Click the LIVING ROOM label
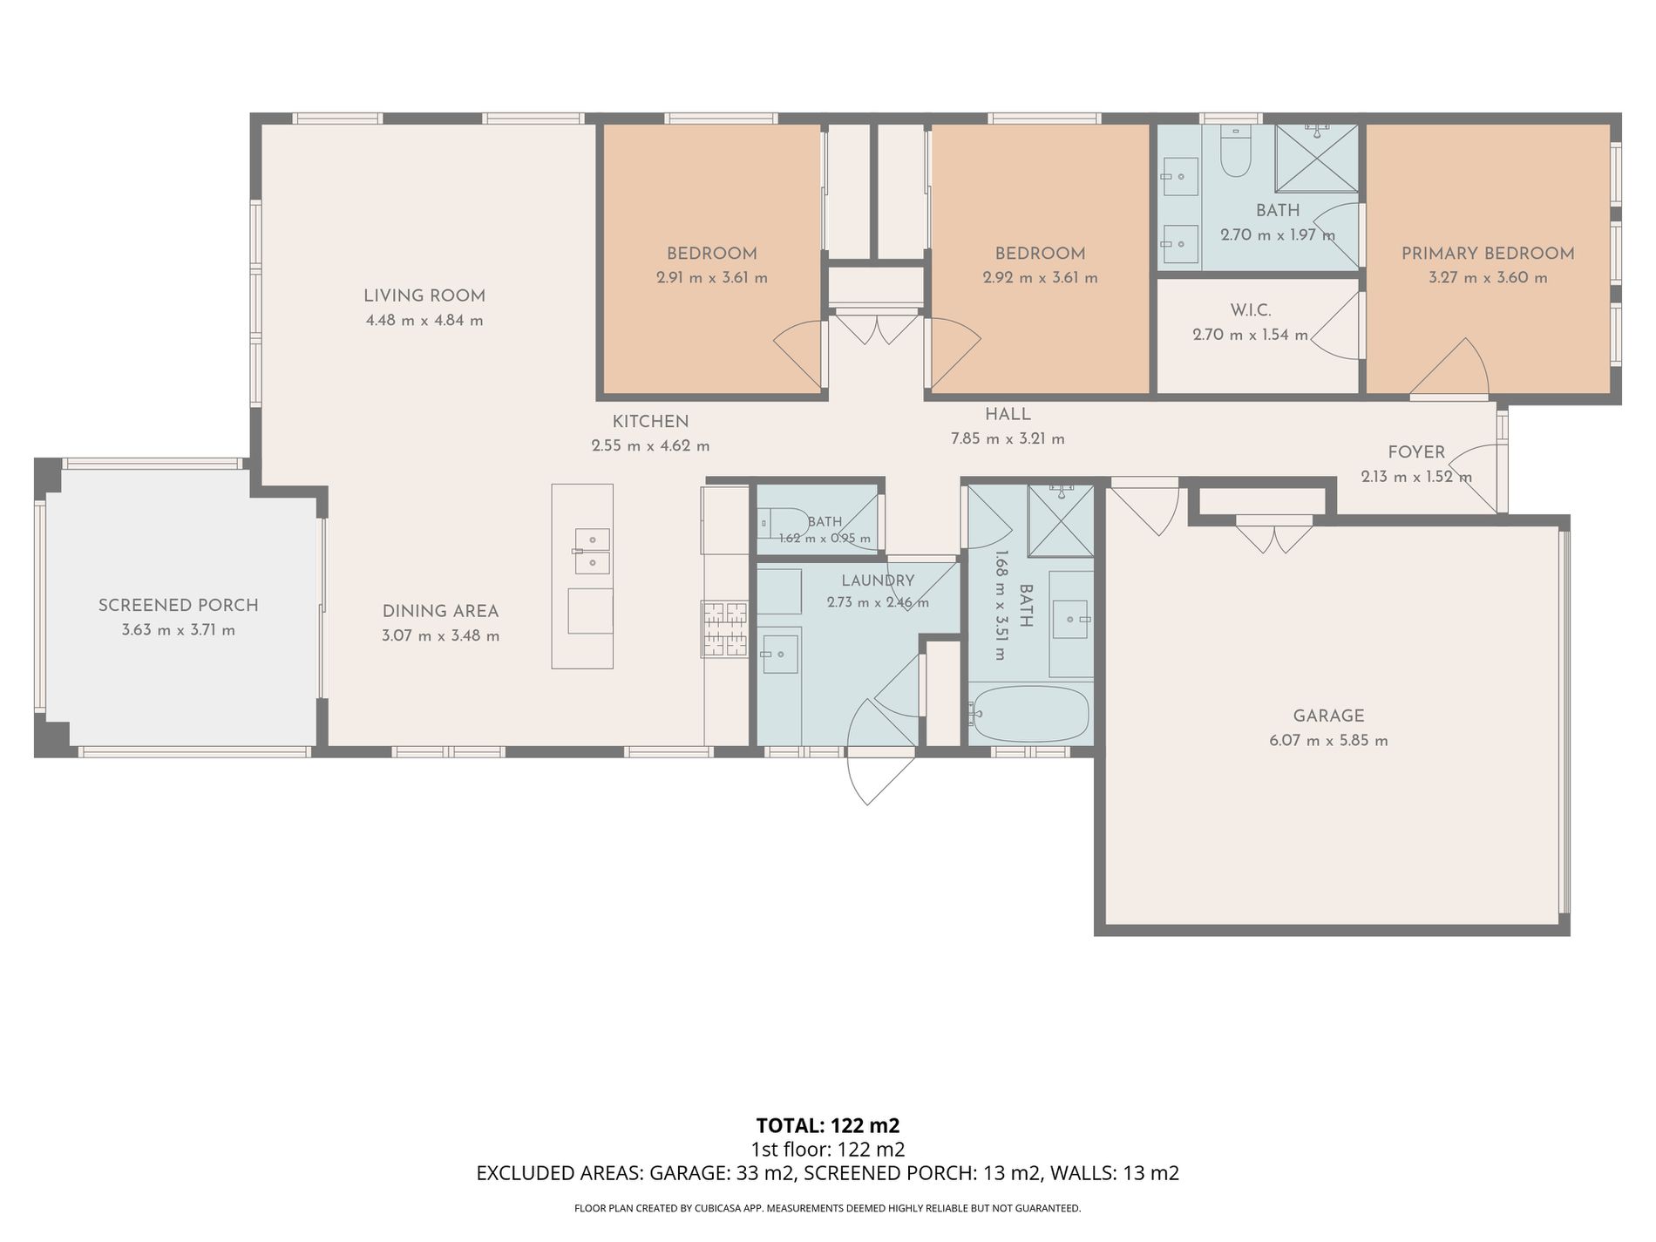(x=424, y=295)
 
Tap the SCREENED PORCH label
(x=179, y=605)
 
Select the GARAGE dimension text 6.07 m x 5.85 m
(x=1329, y=741)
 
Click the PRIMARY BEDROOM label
(x=1488, y=254)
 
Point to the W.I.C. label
(x=1251, y=310)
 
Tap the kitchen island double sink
(x=592, y=551)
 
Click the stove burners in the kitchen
(x=725, y=628)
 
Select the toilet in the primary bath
(x=1235, y=152)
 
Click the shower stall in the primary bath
(x=1317, y=158)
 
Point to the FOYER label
(x=1416, y=452)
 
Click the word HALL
(x=1008, y=415)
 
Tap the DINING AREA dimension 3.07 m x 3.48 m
(x=441, y=636)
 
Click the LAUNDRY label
(x=878, y=580)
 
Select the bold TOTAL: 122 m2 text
(x=828, y=1125)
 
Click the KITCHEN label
(x=650, y=422)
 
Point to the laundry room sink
(x=780, y=654)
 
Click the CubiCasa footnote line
(x=828, y=1209)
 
